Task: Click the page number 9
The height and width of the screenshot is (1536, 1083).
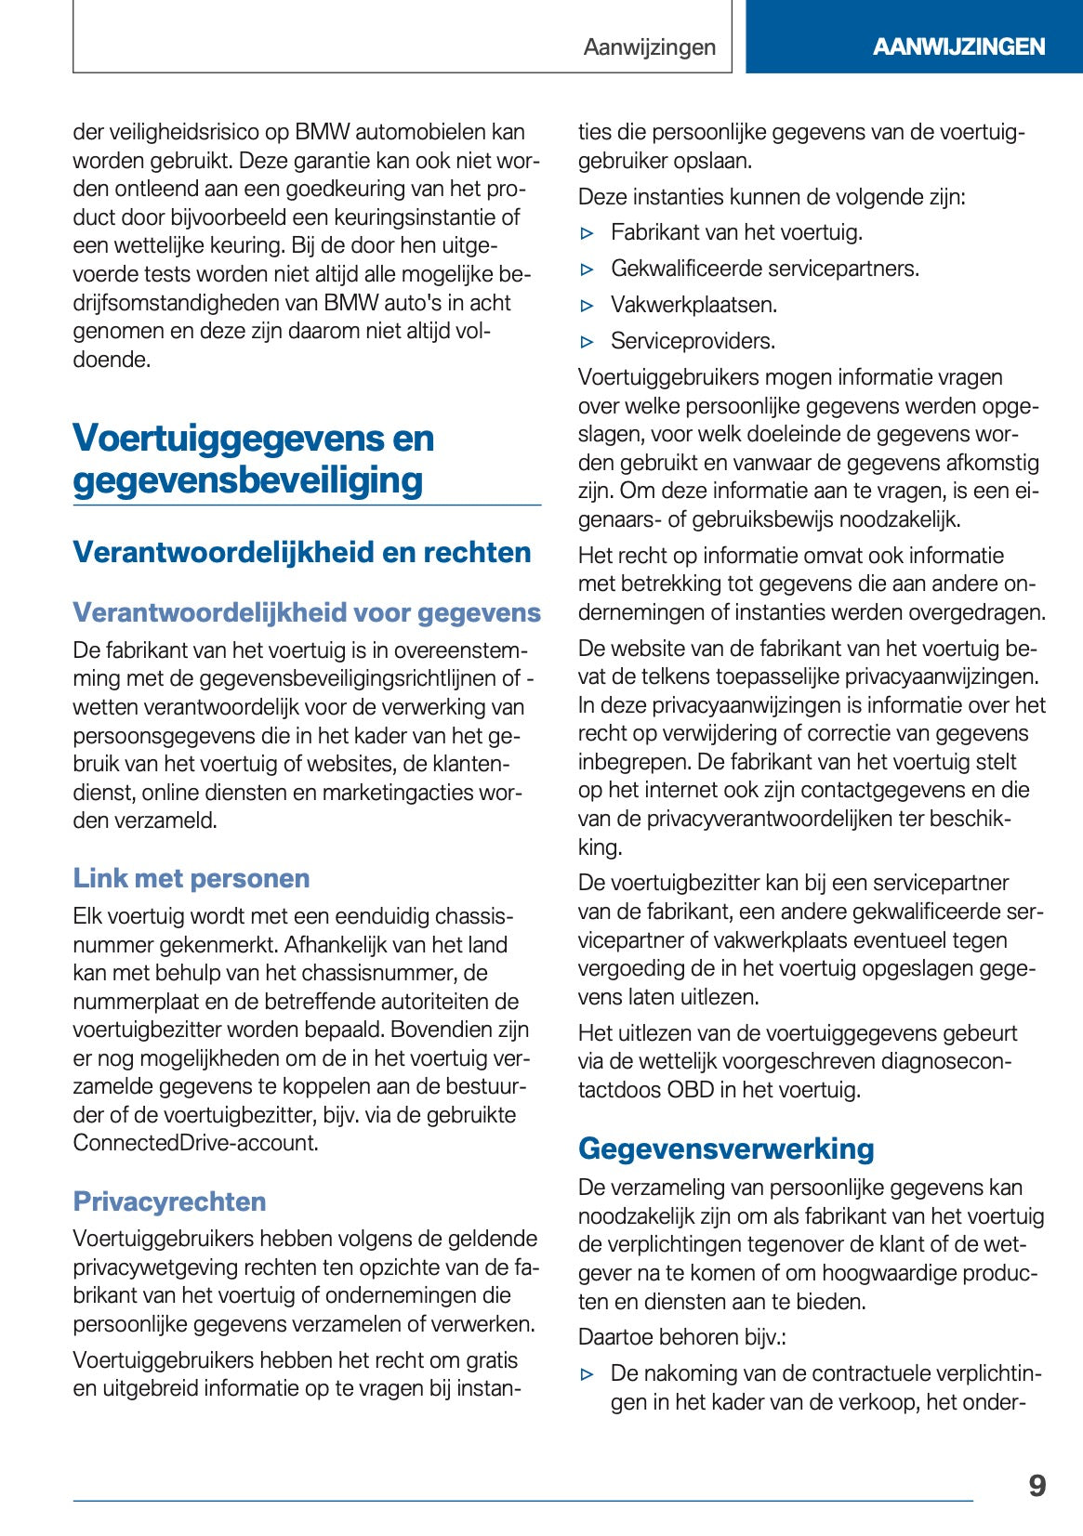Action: [1037, 1486]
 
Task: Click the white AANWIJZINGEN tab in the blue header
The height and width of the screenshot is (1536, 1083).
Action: [958, 46]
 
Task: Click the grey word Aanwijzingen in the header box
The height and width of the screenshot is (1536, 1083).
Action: [649, 47]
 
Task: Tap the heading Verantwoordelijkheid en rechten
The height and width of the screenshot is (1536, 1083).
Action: [302, 552]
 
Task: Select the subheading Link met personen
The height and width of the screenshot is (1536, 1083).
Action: [192, 878]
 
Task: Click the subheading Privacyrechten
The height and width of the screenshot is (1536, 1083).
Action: [169, 1201]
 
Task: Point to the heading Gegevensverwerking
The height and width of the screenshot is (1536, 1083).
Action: [726, 1149]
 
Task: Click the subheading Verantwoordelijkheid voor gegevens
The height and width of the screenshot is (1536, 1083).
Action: [307, 612]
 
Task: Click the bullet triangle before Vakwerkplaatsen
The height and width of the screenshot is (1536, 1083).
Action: [587, 306]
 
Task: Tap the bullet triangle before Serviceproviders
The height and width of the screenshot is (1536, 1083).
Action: [587, 342]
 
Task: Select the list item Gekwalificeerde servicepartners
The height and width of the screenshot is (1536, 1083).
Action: [764, 269]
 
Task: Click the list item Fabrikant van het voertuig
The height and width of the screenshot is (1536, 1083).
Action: [736, 232]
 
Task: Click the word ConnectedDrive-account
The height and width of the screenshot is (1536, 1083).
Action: [194, 1143]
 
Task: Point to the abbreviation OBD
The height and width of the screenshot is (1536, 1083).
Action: [690, 1090]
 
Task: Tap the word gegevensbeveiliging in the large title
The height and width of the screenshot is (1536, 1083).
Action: [248, 480]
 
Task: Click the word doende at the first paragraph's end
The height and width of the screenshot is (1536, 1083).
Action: [111, 360]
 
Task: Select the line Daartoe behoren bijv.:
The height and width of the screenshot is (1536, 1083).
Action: [681, 1337]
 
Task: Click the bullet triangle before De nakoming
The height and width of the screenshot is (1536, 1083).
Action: [587, 1374]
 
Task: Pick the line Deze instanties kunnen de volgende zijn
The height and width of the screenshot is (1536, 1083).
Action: [772, 197]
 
